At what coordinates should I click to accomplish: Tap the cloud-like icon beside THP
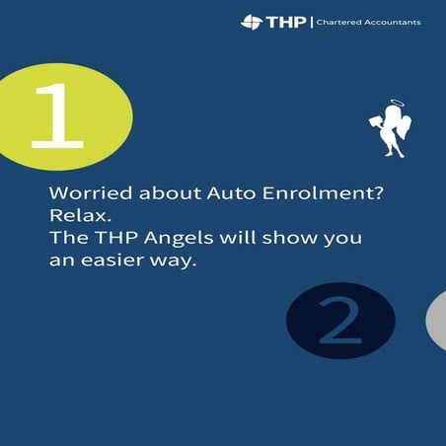(251, 22)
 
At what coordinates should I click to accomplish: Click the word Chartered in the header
(338, 22)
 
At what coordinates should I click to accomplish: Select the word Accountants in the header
(394, 22)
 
